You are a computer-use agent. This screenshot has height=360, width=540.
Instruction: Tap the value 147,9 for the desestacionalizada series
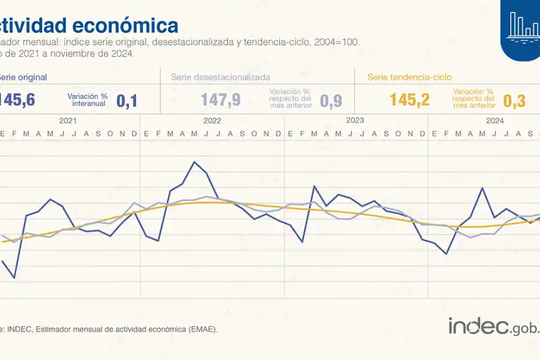221,100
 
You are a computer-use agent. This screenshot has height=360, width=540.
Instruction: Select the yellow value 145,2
410,100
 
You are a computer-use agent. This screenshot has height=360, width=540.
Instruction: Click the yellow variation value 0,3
514,101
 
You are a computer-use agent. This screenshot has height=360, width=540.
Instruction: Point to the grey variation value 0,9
331,101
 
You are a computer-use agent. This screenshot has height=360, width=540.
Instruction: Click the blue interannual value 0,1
127,101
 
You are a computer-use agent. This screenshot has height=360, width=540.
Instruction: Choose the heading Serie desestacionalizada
220,77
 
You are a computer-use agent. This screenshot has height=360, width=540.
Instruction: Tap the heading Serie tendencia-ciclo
409,77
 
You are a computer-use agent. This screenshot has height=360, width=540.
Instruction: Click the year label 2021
68,121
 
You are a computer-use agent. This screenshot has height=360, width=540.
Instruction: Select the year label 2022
212,121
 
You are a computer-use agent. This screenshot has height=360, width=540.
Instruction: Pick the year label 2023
355,121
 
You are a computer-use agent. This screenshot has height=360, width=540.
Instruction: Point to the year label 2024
494,121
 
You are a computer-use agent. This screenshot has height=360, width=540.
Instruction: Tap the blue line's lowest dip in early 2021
14,278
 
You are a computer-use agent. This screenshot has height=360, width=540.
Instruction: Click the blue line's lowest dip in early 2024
446,254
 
